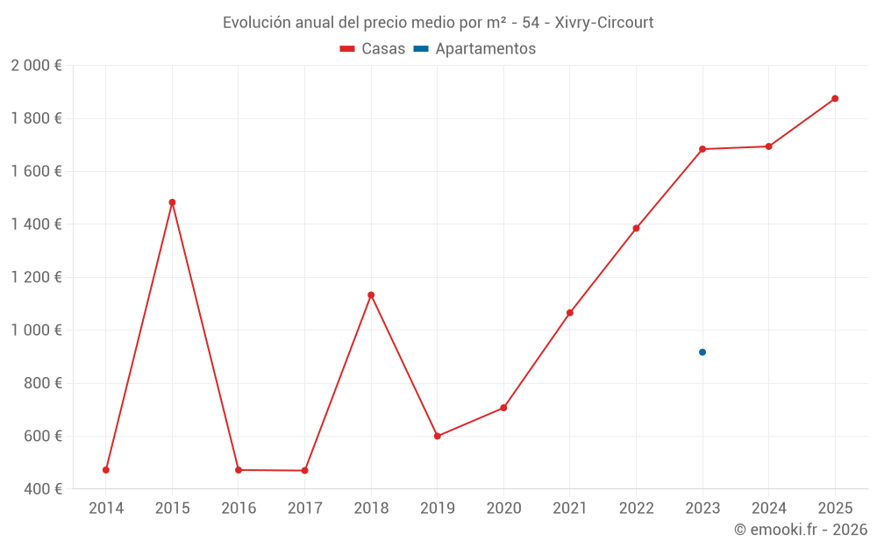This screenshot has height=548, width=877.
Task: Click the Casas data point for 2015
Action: (172, 203)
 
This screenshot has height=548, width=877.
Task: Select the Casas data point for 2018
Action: (371, 295)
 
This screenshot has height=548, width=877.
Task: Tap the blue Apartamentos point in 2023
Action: (702, 352)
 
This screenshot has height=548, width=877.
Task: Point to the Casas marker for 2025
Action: (835, 98)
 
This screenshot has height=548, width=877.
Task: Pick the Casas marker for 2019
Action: (438, 436)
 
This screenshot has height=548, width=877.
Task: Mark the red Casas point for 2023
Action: (702, 149)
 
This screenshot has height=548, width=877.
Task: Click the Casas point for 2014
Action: (106, 470)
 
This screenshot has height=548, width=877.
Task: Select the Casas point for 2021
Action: (570, 313)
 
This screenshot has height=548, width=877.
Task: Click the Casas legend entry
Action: (373, 49)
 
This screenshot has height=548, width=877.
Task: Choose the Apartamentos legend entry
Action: (474, 49)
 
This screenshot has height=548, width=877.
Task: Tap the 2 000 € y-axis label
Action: (36, 66)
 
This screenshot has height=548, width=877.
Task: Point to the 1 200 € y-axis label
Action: (36, 277)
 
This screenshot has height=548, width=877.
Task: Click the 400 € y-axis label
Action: (42, 489)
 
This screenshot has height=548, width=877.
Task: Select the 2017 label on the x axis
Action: (304, 509)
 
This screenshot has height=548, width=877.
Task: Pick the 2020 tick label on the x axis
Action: (503, 509)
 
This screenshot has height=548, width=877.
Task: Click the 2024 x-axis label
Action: (768, 509)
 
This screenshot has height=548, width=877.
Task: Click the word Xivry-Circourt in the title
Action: (604, 23)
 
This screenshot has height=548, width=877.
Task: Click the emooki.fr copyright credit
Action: (800, 530)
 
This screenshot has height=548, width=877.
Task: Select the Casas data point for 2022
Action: (636, 228)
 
